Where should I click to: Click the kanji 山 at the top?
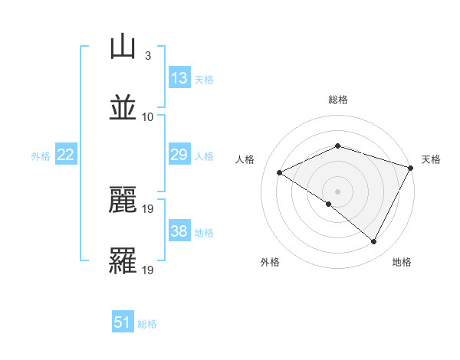[x=123, y=47]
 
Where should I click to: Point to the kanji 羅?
[x=123, y=260]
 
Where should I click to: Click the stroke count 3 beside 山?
[x=147, y=56]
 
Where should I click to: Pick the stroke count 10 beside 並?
[x=148, y=116]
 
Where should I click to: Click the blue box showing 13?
[x=179, y=77]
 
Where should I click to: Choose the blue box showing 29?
[x=179, y=155]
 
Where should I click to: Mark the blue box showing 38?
[x=179, y=231]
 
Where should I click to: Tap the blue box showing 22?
[x=66, y=155]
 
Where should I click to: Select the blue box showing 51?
[x=123, y=322]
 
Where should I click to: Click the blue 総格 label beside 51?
[x=147, y=323]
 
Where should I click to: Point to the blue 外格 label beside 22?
[x=41, y=155]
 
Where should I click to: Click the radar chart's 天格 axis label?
[x=431, y=159]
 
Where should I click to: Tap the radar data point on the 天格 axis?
[x=412, y=167]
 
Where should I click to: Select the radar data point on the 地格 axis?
[x=374, y=242]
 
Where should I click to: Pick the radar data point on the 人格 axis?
[x=280, y=173]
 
